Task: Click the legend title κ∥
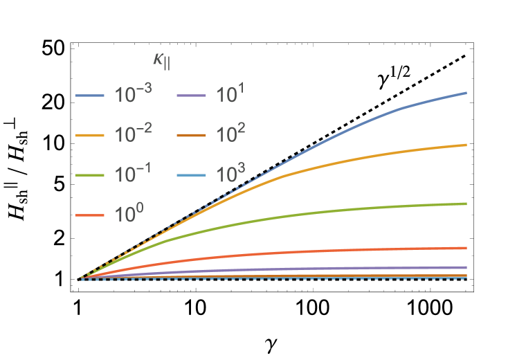pyautogui.click(x=162, y=61)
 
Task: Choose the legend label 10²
pyautogui.click(x=230, y=134)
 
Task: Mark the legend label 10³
pyautogui.click(x=230, y=174)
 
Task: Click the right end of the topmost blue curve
pyautogui.click(x=466, y=93)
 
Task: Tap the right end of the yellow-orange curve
pyautogui.click(x=466, y=145)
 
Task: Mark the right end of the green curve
pyautogui.click(x=466, y=204)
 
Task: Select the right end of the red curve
pyautogui.click(x=466, y=247)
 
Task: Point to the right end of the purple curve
pyautogui.click(x=466, y=267)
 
